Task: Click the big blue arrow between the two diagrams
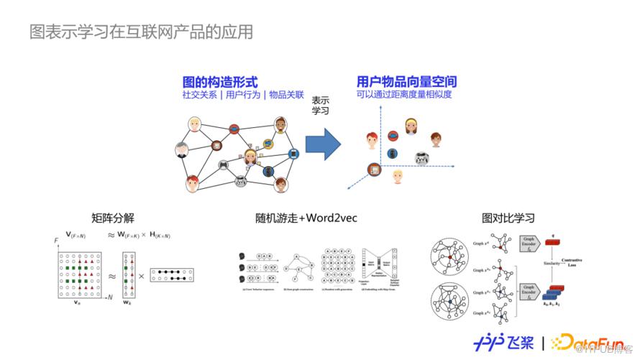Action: click(323, 144)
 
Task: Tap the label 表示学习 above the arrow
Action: click(320, 106)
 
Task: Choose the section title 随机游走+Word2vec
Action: click(306, 218)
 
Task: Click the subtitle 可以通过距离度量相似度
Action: click(403, 94)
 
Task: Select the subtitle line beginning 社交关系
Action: click(244, 94)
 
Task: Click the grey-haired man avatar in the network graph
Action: click(182, 150)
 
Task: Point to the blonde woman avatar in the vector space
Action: click(411, 126)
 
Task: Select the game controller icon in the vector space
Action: click(421, 159)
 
